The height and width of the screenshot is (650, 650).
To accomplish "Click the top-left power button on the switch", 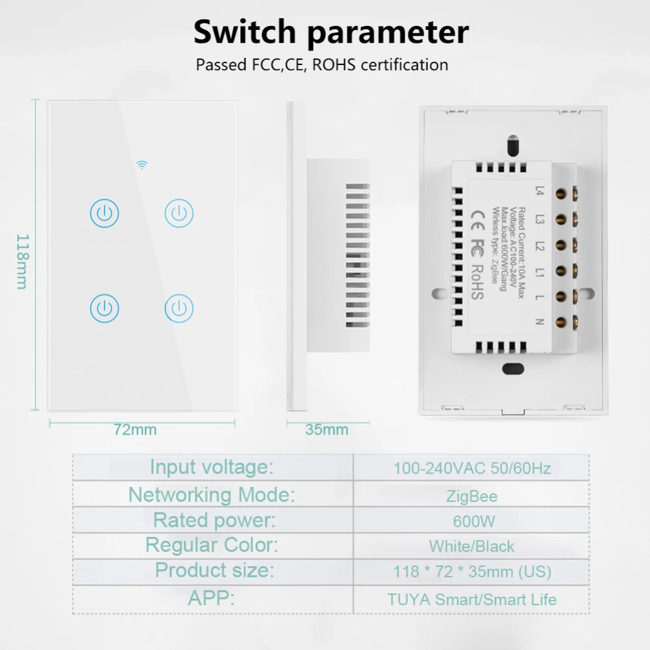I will (105, 213).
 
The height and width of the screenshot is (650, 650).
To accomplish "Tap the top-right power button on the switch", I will (179, 213).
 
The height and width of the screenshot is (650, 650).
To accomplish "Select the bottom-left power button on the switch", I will (105, 307).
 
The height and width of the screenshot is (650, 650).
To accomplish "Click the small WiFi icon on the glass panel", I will (142, 165).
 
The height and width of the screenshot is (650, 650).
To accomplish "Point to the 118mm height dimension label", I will (22, 261).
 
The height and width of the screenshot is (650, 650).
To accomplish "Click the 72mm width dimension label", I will (135, 429).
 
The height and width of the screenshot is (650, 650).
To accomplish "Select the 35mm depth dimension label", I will (327, 429).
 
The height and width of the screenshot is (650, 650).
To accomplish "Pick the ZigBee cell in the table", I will (472, 497).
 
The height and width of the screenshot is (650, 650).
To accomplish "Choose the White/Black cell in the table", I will (472, 547).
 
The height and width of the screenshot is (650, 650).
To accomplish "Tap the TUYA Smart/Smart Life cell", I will (472, 599).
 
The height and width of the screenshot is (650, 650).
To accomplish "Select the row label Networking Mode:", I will (212, 495).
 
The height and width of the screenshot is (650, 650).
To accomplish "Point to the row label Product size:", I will (214, 571).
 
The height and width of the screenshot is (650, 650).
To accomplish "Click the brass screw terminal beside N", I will (575, 320).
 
